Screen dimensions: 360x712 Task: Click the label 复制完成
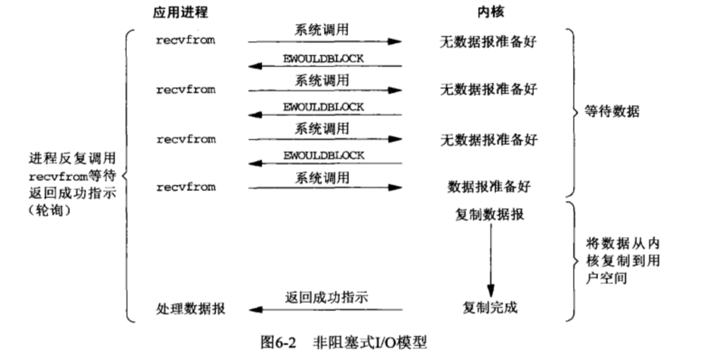[x=490, y=307]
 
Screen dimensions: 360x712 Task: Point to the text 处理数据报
[x=191, y=308]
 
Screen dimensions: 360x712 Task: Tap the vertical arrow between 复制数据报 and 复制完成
[x=491, y=258]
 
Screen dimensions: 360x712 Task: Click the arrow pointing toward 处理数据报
[x=325, y=309]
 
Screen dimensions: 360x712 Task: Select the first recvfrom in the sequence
[x=186, y=40]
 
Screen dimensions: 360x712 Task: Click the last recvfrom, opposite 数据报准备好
[x=186, y=187]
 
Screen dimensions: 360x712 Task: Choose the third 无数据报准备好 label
[x=489, y=139]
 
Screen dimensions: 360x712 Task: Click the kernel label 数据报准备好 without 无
[x=488, y=187]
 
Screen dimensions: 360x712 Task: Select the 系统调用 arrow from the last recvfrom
[x=325, y=188]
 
